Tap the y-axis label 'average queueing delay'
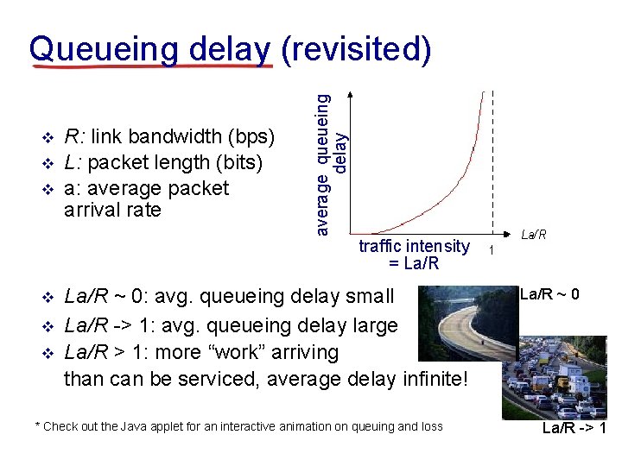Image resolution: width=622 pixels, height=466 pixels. (x=331, y=163)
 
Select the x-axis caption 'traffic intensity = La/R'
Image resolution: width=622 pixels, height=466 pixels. (x=414, y=255)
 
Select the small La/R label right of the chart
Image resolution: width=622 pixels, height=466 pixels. (x=534, y=235)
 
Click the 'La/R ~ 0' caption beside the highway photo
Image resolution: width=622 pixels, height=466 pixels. (x=555, y=294)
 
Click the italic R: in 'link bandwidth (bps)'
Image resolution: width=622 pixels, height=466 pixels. (x=74, y=136)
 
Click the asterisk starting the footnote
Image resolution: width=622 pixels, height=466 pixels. (x=37, y=425)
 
